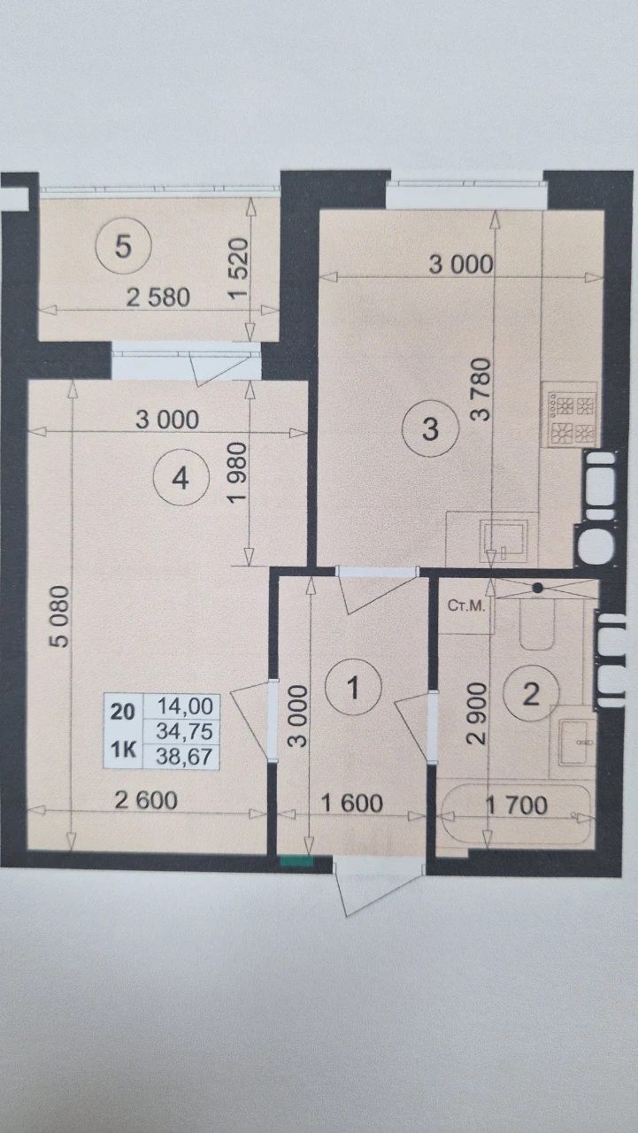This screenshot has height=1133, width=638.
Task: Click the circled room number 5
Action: tap(123, 247)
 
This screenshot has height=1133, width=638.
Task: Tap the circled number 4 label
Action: tap(181, 477)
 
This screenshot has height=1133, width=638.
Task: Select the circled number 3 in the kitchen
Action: tap(430, 429)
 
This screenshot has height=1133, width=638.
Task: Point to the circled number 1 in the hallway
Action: tap(353, 688)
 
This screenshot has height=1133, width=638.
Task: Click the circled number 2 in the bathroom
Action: tap(531, 695)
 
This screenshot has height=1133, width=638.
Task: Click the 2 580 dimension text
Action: tap(158, 297)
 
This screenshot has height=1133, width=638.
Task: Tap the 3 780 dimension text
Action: tap(480, 389)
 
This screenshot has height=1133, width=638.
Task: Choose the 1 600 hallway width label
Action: tap(352, 803)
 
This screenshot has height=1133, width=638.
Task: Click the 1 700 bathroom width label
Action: tap(517, 805)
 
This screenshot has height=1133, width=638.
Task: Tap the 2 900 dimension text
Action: tap(477, 713)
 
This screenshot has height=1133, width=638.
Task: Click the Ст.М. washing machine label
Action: tap(466, 606)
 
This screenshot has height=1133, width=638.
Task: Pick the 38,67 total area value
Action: tap(183, 757)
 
